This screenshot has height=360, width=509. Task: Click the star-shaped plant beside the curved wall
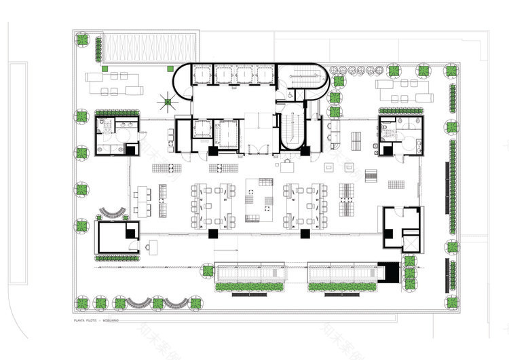[x=166, y=103]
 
